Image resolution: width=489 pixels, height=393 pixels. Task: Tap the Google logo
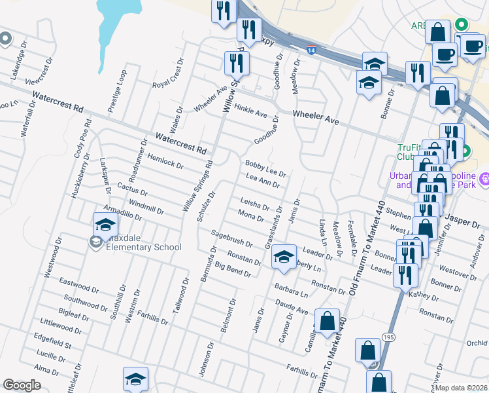click(x=22, y=385)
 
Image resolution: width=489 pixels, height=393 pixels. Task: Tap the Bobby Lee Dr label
click(x=265, y=168)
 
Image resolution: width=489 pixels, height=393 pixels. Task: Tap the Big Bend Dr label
click(x=233, y=269)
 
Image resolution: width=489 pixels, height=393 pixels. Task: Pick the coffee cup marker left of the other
click(x=446, y=55)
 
